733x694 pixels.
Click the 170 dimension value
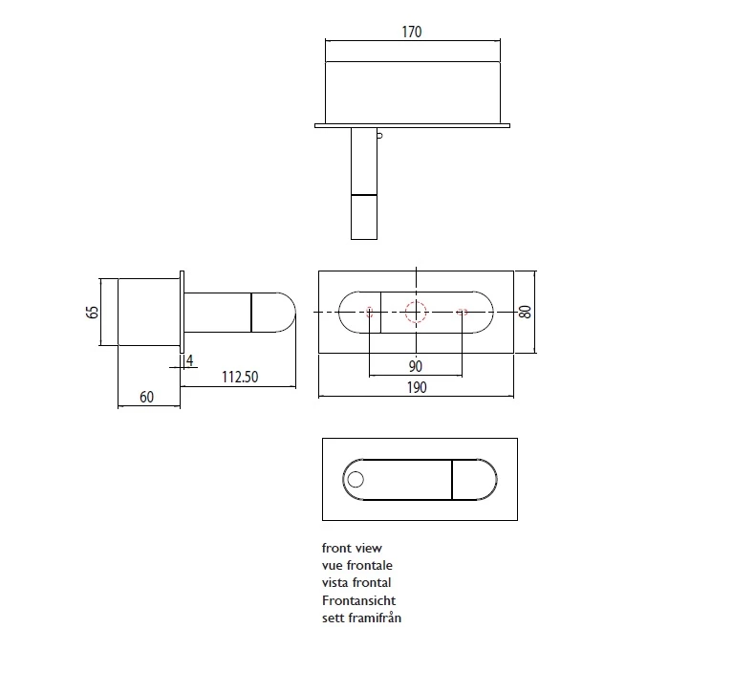click(x=412, y=32)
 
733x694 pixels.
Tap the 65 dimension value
click(x=93, y=312)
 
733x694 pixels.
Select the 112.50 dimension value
click(x=240, y=377)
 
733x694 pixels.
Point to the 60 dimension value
click(x=147, y=397)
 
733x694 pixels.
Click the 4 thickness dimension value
click(x=190, y=360)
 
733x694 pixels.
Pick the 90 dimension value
click(x=415, y=366)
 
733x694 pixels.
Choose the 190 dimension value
click(x=417, y=387)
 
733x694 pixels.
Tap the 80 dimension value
click(x=526, y=312)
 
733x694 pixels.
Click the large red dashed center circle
click(x=416, y=312)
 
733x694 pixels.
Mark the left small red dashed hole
click(x=369, y=312)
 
